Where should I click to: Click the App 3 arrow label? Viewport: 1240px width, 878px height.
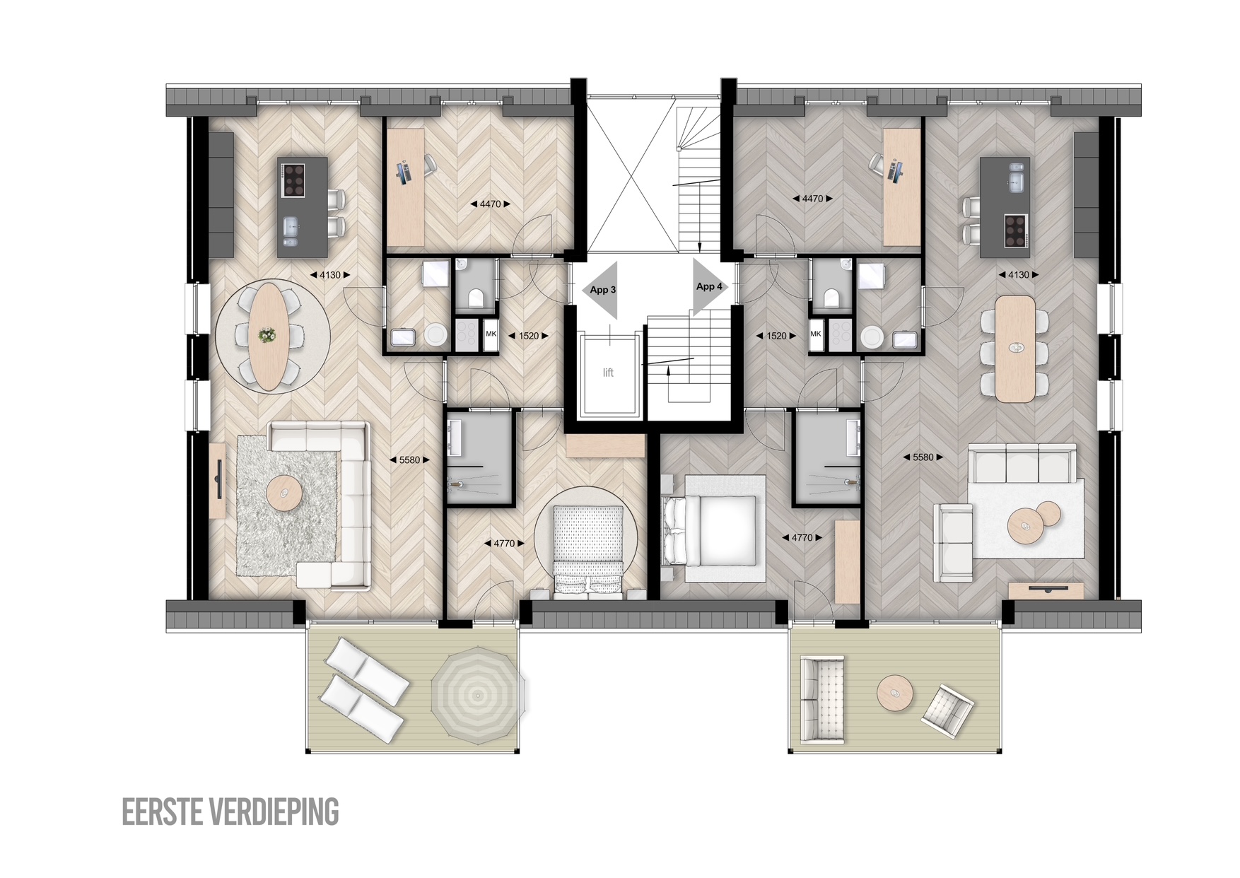[x=603, y=290]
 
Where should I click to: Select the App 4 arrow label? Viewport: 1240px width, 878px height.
[x=709, y=286]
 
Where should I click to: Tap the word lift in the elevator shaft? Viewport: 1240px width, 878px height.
[x=608, y=373]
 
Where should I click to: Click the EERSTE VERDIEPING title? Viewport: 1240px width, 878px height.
[x=230, y=812]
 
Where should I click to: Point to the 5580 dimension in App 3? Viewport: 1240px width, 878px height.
[x=409, y=460]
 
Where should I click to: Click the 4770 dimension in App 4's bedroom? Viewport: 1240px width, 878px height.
[x=802, y=538]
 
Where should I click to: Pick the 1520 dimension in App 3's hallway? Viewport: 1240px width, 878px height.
[x=528, y=336]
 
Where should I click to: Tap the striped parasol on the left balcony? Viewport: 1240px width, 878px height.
[x=478, y=696]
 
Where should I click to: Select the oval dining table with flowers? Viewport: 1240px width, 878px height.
[x=267, y=336]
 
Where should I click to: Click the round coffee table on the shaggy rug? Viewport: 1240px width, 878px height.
[x=284, y=493]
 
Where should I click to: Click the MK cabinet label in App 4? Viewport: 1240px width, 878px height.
[x=816, y=334]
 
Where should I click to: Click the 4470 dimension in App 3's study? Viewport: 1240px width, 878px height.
[x=490, y=204]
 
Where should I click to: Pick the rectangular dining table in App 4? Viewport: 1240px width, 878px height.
[x=1015, y=349]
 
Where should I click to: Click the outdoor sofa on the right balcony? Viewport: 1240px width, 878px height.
[x=822, y=700]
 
